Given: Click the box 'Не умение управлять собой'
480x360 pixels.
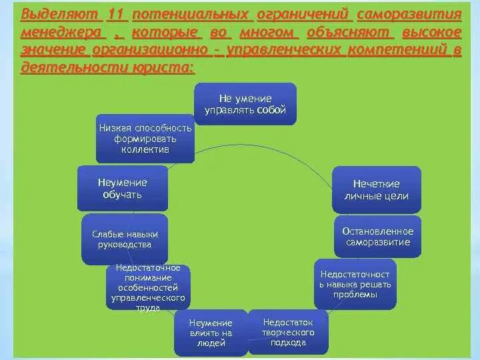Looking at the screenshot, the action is [x=245, y=104].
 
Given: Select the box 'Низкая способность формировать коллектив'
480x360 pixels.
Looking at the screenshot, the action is [x=145, y=139].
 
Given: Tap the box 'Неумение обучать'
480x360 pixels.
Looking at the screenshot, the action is [x=122, y=188].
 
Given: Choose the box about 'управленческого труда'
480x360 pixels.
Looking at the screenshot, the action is [x=149, y=287].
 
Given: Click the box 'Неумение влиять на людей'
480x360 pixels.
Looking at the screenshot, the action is [x=212, y=332].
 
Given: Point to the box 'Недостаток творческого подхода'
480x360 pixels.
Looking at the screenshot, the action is [x=289, y=331].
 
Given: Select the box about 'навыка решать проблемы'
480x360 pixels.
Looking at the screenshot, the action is [x=355, y=283].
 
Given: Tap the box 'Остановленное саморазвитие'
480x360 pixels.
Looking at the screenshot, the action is [x=377, y=237].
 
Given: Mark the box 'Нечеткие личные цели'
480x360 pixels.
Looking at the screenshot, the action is [x=377, y=189].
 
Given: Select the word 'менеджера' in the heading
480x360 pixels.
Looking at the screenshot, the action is [x=61, y=33].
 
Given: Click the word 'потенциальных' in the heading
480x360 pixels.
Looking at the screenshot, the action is [x=192, y=14].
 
